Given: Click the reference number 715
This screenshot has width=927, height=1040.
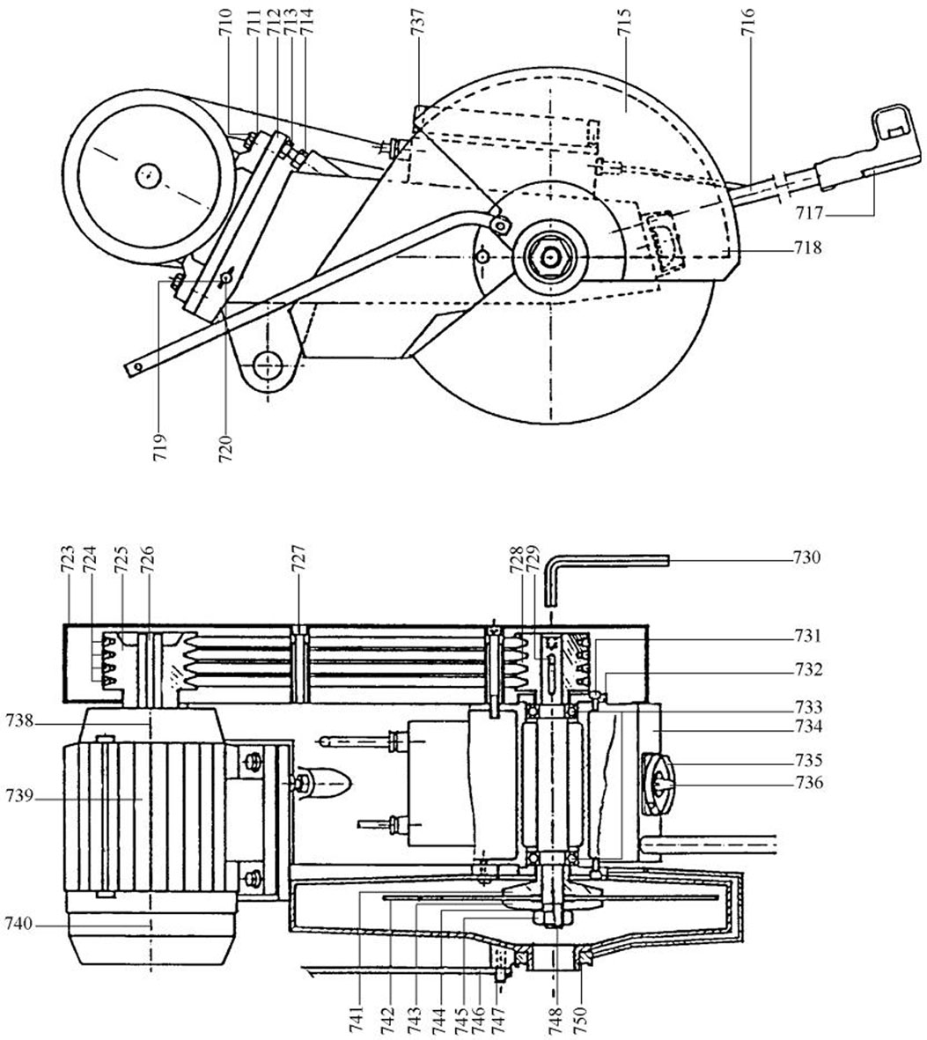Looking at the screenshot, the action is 624,26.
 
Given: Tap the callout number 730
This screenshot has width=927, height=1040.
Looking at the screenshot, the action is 806,557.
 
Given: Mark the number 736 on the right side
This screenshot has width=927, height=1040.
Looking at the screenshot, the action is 808,784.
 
